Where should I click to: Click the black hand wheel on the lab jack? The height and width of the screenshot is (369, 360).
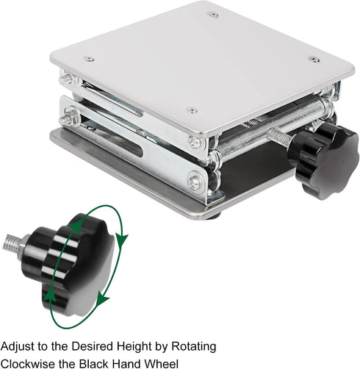pos(323,160)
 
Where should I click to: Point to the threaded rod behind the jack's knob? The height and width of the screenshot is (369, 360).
pos(280,136)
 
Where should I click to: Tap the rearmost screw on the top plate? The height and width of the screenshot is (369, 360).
pos(214,15)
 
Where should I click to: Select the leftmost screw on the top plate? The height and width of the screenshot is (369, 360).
pos(89,59)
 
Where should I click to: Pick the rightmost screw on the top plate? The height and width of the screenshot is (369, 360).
pos(314,60)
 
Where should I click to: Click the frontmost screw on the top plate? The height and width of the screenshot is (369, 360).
pos(192,110)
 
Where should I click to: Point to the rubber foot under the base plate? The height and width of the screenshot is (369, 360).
pos(214,215)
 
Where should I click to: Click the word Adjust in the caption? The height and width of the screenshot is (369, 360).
pos(18,347)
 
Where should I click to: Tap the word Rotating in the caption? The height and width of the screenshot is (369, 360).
pos(193,347)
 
